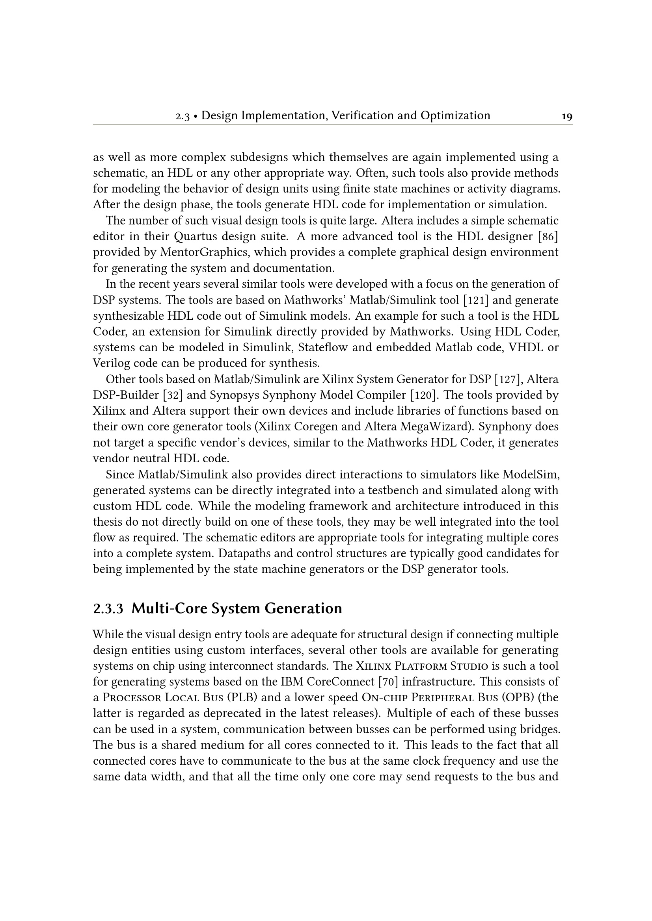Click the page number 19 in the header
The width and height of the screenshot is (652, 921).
pyautogui.click(x=567, y=117)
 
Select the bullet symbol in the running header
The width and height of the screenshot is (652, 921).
pyautogui.click(x=195, y=116)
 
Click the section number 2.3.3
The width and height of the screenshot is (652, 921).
pyautogui.click(x=108, y=609)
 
